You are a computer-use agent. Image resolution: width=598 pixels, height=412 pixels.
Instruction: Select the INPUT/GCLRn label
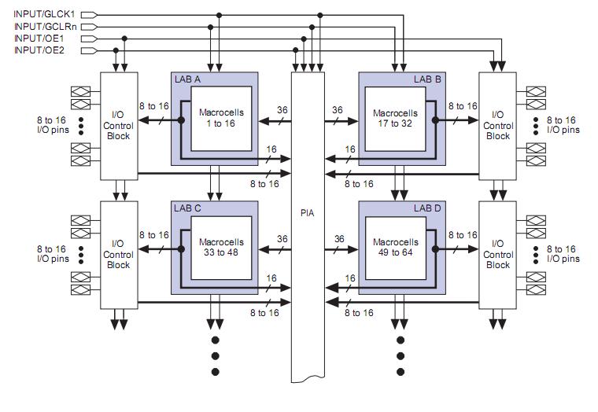point(46,27)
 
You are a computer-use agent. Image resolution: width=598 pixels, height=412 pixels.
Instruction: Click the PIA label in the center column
point(308,212)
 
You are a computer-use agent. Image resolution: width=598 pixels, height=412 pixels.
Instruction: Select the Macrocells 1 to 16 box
point(222,118)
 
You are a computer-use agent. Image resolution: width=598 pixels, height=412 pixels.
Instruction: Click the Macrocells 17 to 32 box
point(396,118)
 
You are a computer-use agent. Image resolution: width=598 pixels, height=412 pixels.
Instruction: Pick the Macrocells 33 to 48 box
point(222,247)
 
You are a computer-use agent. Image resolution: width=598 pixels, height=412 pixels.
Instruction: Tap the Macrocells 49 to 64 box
point(396,247)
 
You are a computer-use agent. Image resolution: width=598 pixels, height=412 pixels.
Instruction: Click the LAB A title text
point(187,79)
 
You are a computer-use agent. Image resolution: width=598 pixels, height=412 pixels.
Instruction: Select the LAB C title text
point(187,208)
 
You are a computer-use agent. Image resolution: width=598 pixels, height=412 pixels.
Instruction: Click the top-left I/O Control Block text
point(118,125)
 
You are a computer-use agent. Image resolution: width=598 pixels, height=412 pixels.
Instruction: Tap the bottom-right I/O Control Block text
point(498,255)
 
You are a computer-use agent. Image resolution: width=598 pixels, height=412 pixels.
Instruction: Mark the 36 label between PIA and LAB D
point(339,239)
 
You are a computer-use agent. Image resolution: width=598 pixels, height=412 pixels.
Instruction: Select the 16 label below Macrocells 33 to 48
point(271,278)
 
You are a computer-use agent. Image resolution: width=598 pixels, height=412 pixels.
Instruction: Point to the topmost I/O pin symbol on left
point(80,91)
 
